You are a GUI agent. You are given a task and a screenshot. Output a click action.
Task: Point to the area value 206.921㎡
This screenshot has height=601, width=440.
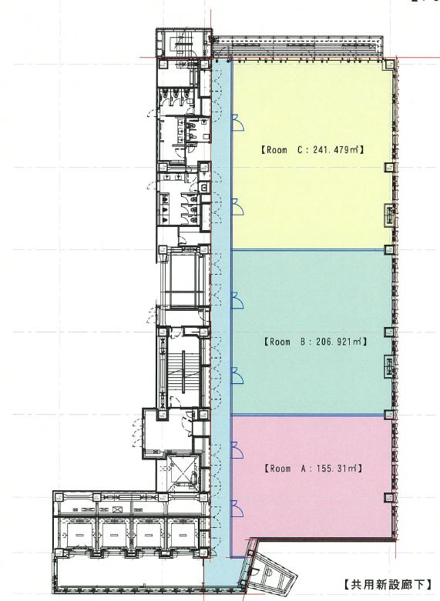pyautogui.click(x=338, y=341)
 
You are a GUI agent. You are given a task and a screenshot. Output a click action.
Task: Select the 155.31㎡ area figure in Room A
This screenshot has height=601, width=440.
pyautogui.click(x=338, y=469)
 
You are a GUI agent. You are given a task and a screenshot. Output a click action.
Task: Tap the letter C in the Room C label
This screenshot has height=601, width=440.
pyautogui.click(x=301, y=149)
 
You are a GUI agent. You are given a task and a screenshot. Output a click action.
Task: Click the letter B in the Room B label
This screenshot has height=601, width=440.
pyautogui.click(x=304, y=341)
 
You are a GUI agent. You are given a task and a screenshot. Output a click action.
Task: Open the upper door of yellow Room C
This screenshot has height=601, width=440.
pyautogui.click(x=237, y=122)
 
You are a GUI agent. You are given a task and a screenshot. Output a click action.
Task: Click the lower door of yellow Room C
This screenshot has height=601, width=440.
pyautogui.click(x=237, y=207)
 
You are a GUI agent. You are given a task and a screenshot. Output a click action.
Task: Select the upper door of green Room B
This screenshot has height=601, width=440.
pyautogui.click(x=237, y=300)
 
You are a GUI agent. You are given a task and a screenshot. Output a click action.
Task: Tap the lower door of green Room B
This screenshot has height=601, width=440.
pyautogui.click(x=237, y=376)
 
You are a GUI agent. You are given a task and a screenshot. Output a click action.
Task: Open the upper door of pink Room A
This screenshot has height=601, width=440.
pyautogui.click(x=237, y=449)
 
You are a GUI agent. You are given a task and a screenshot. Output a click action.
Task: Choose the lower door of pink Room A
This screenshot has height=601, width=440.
pyautogui.click(x=237, y=508)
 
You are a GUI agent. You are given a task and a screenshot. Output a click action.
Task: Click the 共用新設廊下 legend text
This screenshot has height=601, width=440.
pyautogui.click(x=388, y=584)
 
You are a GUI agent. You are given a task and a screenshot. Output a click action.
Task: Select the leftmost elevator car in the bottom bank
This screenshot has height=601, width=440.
pyautogui.click(x=80, y=534)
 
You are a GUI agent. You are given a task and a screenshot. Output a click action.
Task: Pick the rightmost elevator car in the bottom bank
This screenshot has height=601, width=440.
pyautogui.click(x=183, y=534)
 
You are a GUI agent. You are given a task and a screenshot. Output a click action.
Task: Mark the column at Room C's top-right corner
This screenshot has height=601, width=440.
pyautogui.click(x=390, y=65)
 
